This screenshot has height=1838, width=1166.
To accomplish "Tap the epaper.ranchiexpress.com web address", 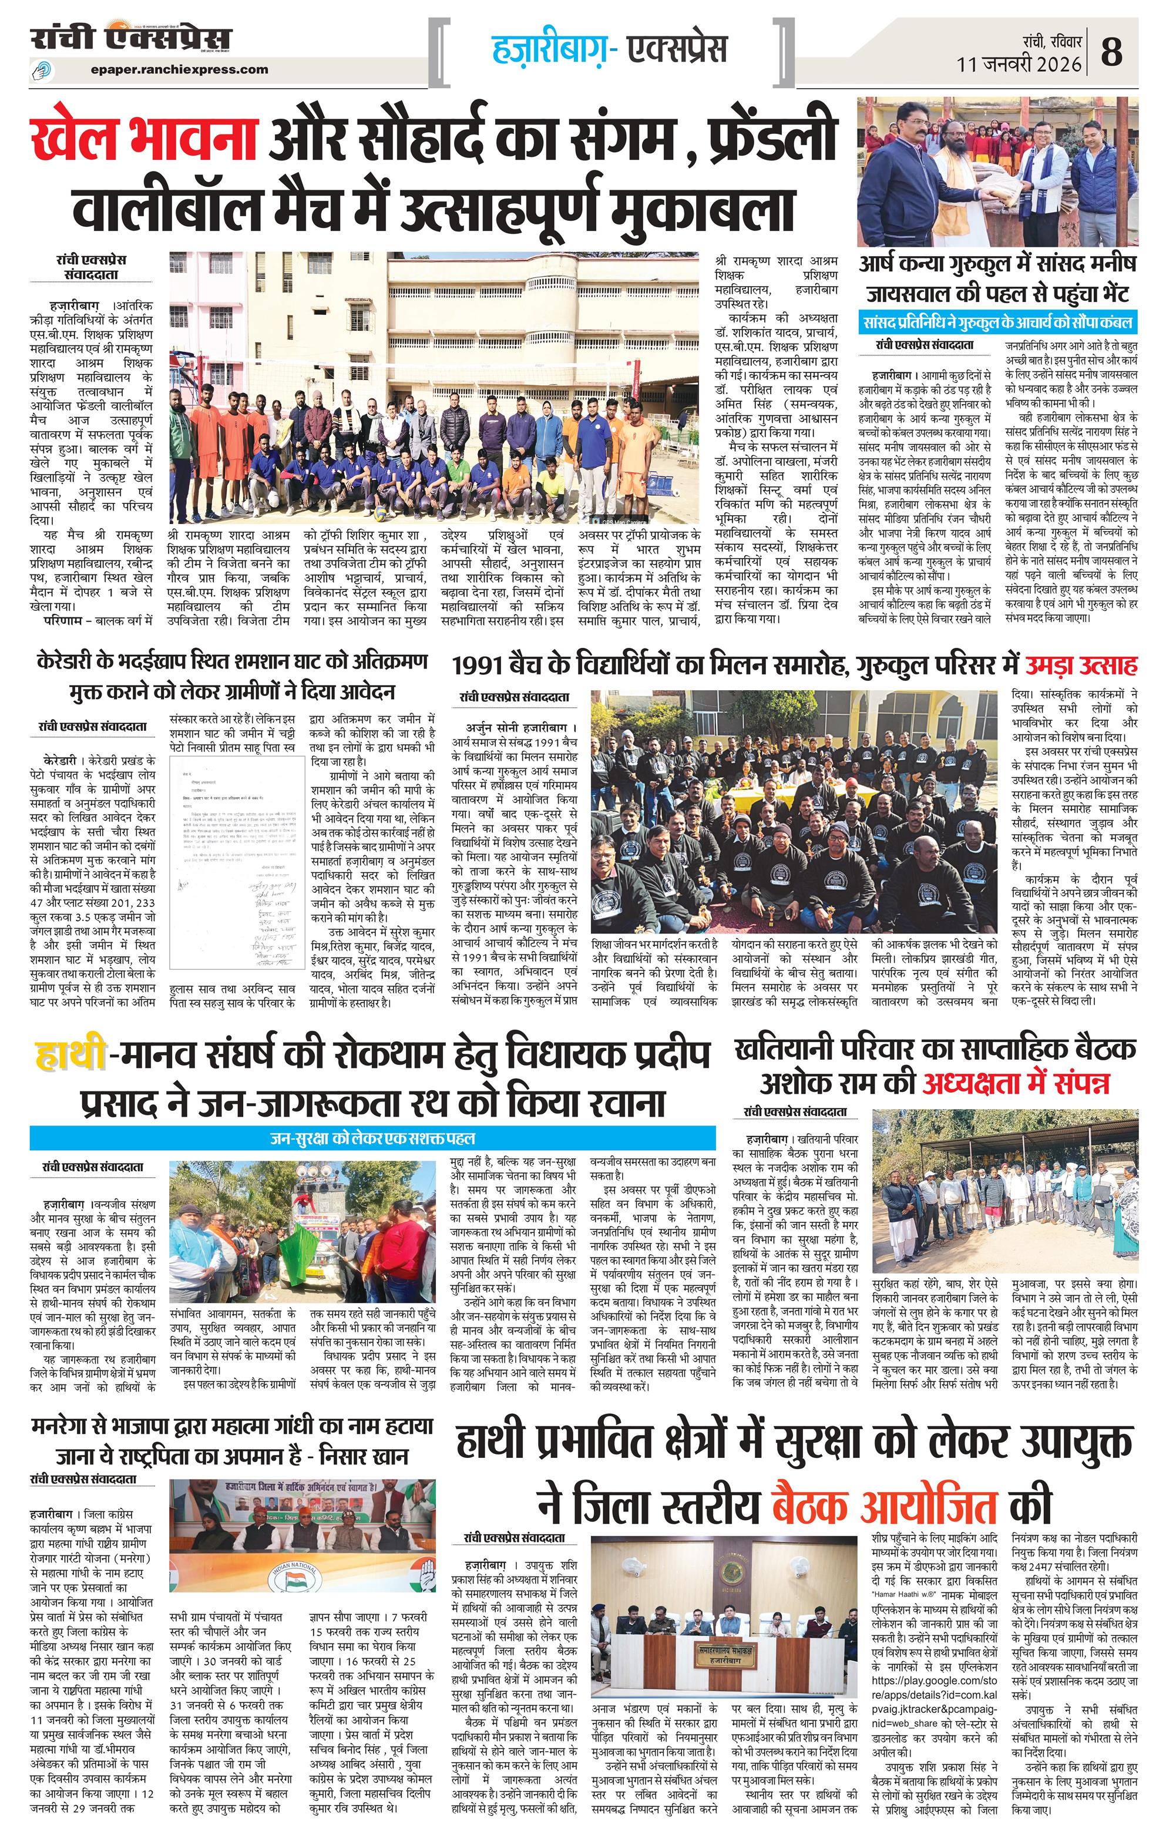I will point(179,69).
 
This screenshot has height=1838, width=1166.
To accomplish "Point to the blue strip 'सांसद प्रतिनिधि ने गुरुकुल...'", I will point(998,321).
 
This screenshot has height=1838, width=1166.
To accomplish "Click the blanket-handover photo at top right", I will point(998,172).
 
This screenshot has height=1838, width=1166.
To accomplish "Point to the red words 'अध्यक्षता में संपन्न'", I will point(1016,1083).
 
